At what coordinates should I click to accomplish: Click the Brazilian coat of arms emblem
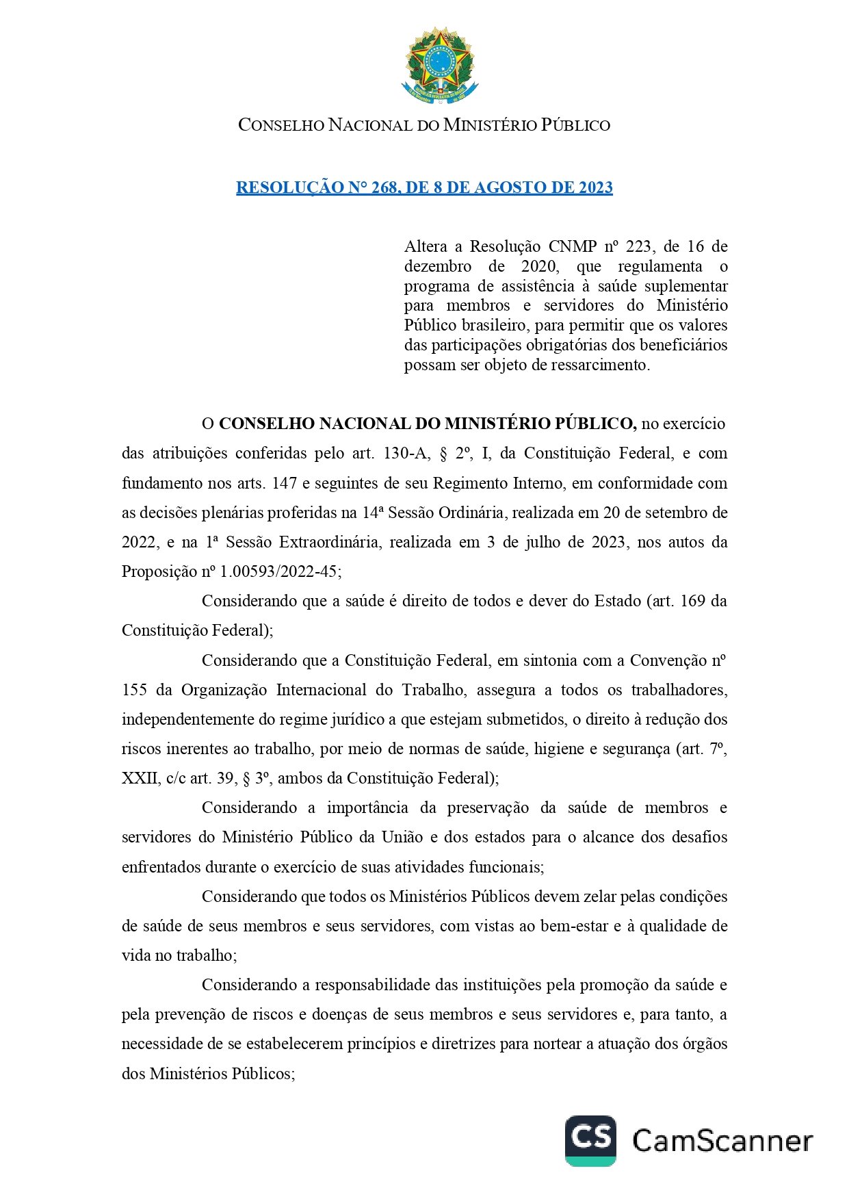pyautogui.click(x=439, y=66)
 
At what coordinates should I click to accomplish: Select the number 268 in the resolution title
pyautogui.click(x=384, y=188)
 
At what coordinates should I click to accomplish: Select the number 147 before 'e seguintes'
pyautogui.click(x=284, y=483)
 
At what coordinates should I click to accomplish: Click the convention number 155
pyautogui.click(x=134, y=690)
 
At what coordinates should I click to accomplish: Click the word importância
pyautogui.click(x=367, y=808)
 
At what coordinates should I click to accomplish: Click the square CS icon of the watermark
pyautogui.click(x=590, y=1140)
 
